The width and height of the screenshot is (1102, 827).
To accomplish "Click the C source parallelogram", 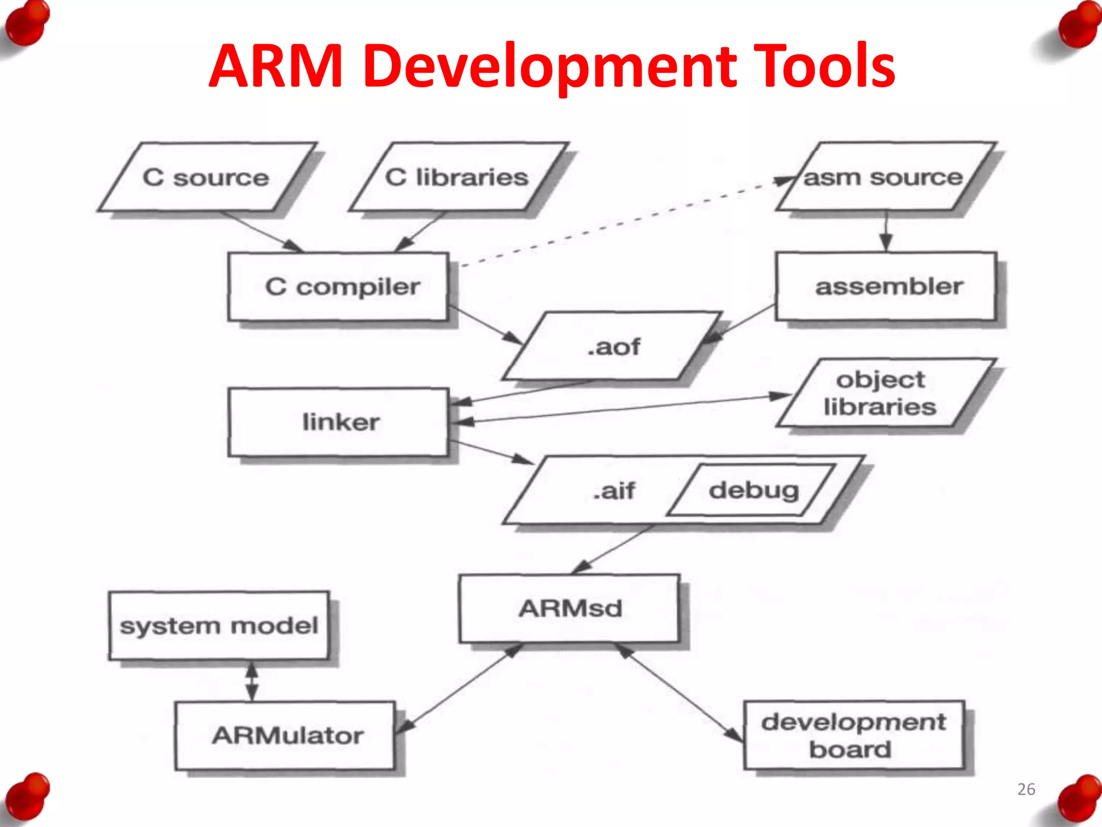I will (207, 177).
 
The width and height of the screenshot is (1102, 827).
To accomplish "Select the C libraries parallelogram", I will (457, 177).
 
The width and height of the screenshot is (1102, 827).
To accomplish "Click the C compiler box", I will (338, 286).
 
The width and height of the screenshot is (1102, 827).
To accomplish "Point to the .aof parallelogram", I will (612, 346).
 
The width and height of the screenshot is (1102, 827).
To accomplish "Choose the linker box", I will (338, 422).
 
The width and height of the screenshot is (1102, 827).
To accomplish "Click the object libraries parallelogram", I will (882, 393).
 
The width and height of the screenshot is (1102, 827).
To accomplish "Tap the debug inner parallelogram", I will (753, 490).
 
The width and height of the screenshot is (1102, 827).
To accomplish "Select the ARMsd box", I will (569, 608).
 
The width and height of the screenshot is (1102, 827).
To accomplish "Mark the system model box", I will (218, 626).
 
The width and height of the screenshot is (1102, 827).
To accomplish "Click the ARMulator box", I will (285, 735).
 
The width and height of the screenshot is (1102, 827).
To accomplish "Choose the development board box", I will (853, 735).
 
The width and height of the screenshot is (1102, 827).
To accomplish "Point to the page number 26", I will (1026, 789).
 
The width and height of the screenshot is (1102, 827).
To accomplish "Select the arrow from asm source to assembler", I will (886, 232).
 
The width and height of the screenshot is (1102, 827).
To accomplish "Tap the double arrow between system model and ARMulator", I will (252, 681).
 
